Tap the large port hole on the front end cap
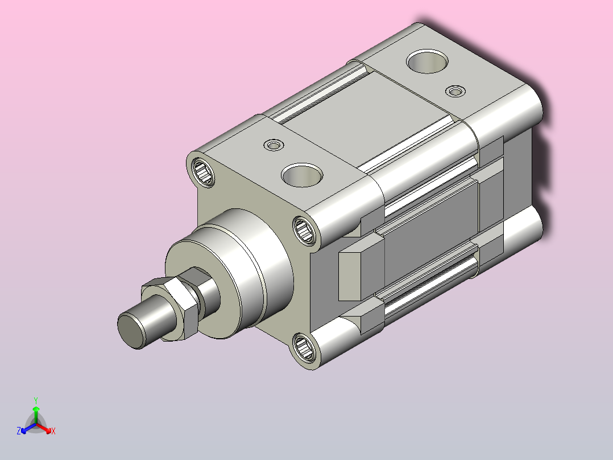302,175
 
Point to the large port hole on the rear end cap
427,61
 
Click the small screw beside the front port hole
274,145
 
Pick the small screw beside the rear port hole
455,91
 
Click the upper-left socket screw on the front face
204,172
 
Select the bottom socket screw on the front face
304,347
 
